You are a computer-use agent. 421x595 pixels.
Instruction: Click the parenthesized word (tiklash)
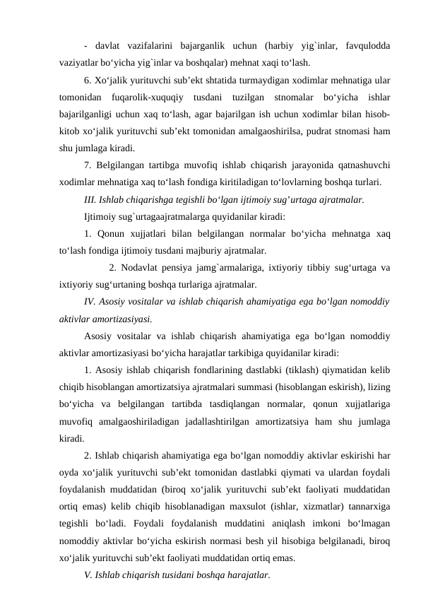303,370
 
